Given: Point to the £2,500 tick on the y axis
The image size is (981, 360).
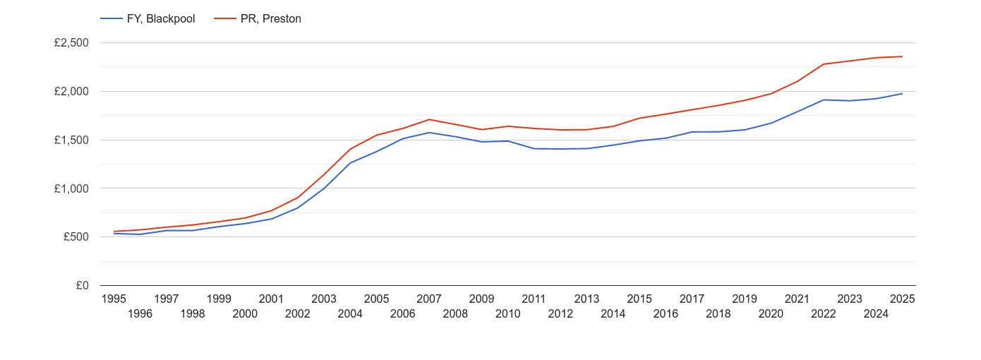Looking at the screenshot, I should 71,43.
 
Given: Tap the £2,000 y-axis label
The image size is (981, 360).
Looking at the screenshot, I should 71,92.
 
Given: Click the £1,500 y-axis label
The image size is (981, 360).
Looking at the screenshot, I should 71,140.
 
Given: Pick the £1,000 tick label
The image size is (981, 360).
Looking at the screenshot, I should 71,188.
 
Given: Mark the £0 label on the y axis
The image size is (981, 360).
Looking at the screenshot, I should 82,286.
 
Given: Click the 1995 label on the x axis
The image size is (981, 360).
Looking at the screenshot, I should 114,299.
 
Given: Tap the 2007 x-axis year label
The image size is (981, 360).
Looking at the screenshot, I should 429,299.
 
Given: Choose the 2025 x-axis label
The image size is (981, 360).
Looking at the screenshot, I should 902,299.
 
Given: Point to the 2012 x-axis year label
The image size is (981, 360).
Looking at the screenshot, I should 560,314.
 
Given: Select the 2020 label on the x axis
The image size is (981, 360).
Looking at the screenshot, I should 771,314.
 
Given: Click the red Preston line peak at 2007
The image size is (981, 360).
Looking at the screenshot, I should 429,119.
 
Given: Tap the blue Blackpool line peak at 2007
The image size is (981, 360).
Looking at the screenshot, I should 429,133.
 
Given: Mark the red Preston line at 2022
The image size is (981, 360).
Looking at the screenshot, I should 824,64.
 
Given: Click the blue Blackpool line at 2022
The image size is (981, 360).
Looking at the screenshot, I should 824,100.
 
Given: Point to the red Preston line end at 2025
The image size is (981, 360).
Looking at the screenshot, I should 902,56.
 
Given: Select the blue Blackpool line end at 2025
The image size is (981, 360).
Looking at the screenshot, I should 902,94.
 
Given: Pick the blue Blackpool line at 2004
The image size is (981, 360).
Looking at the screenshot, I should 350,163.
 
